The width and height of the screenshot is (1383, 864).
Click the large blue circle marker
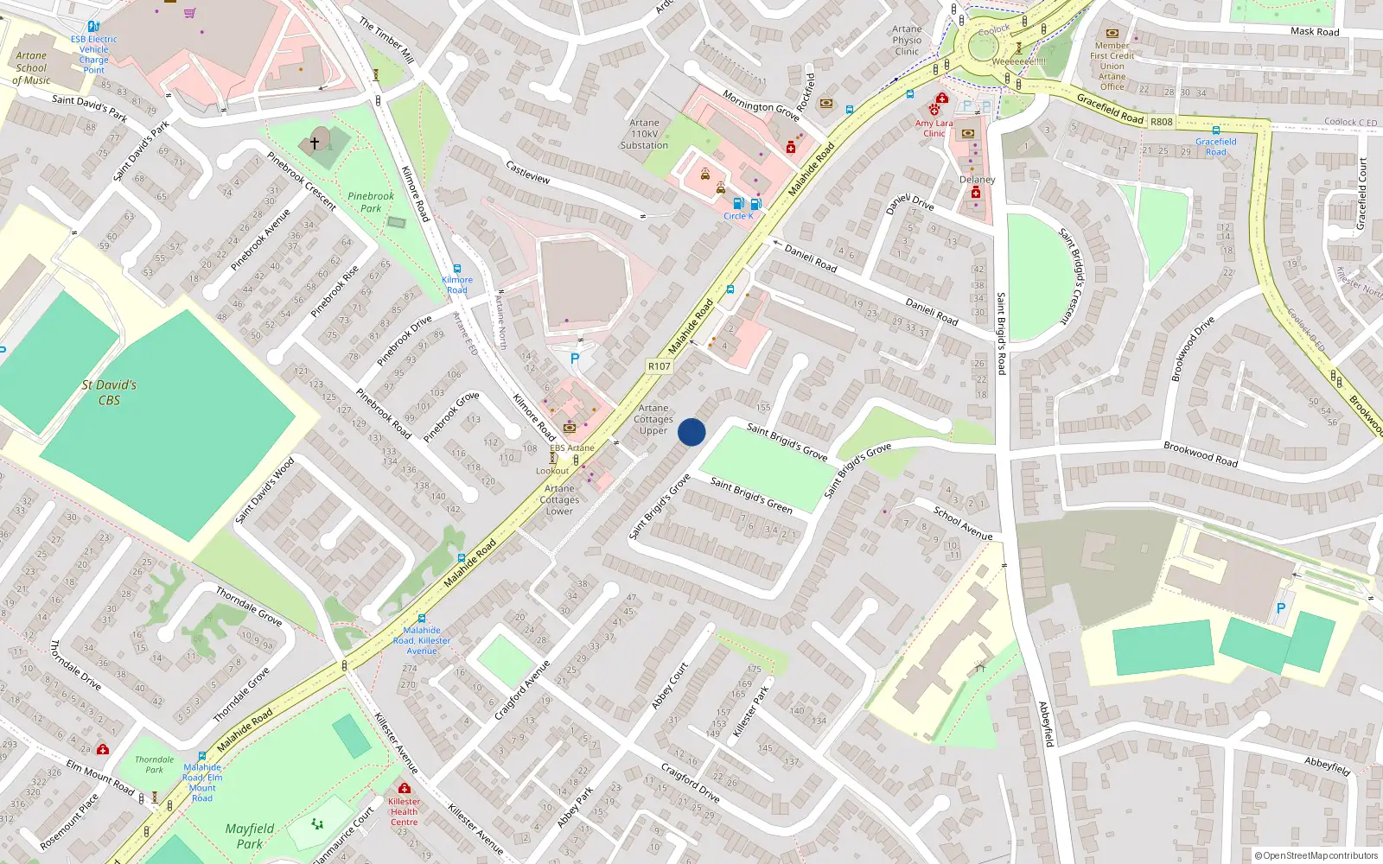pos(691,432)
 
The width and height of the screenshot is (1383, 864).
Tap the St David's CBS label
pos(109,392)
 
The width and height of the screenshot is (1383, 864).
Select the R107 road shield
pos(660,366)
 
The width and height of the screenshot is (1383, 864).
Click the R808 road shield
pos(1161,122)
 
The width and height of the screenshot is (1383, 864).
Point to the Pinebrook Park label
pos(371,202)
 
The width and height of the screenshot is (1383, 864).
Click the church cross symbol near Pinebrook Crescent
pos(315,142)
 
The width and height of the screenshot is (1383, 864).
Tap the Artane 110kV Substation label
pos(644,134)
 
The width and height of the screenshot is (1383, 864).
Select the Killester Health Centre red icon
pos(404,788)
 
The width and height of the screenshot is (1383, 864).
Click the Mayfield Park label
pos(249,835)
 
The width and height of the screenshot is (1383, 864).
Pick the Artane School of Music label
pos(32,68)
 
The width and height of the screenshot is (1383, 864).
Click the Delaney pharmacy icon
pos(976,193)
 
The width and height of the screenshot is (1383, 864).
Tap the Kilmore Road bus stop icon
pos(457,269)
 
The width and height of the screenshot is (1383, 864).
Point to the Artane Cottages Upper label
pos(653,419)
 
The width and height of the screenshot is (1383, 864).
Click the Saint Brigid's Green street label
pos(751,494)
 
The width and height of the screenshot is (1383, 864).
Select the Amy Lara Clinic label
pos(934,128)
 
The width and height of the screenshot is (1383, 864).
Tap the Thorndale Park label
pos(154,765)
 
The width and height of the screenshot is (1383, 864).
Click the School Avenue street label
pos(962,523)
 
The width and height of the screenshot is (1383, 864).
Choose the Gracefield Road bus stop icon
pos(1215,130)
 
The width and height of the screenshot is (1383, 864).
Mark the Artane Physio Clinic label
pos(907,40)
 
